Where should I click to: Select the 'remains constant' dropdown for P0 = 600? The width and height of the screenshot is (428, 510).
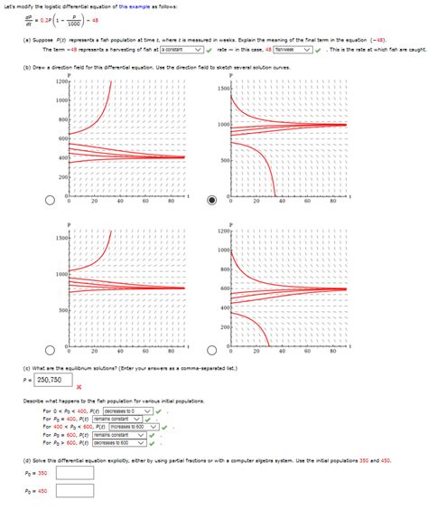[120, 435]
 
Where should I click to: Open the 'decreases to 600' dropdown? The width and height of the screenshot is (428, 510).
[119, 443]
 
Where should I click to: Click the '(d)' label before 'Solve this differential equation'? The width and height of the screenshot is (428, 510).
[26, 460]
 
